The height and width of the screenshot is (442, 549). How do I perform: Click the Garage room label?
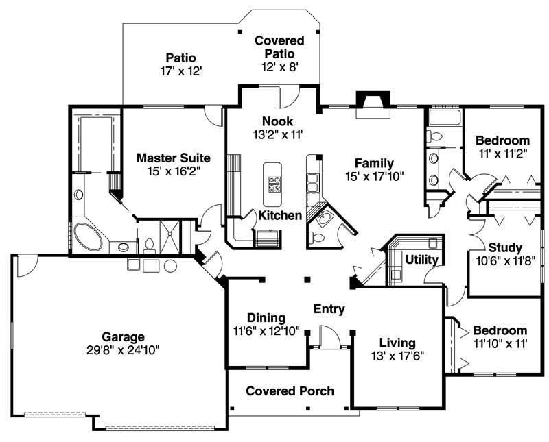tap(124, 336)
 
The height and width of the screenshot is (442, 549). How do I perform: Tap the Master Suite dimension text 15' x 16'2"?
tap(173, 172)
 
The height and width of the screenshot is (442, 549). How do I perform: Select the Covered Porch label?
tap(290, 391)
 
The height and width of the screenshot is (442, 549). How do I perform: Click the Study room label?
tap(505, 247)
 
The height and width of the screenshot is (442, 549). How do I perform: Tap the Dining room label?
tap(266, 317)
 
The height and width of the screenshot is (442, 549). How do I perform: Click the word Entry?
tap(329, 309)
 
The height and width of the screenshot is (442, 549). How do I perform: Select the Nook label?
tap(277, 121)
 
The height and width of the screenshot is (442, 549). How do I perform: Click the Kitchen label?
tap(280, 216)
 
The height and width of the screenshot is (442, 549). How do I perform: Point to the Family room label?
tap(374, 163)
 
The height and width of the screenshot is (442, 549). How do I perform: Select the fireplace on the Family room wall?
tap(371, 103)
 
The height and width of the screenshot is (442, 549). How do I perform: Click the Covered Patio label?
tap(279, 41)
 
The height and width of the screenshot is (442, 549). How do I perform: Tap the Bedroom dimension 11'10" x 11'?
tap(500, 343)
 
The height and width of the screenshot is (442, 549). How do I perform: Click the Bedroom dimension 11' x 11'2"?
tap(502, 154)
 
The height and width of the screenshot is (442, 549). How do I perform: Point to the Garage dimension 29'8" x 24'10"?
tap(124, 350)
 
